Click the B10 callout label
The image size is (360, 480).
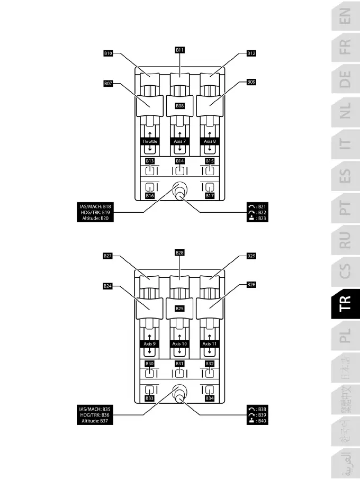tap(108, 53)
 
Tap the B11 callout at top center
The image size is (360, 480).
tap(180, 49)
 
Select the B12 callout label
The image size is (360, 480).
tap(251, 53)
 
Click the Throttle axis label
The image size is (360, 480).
tap(150, 141)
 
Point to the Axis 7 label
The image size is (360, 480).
tap(180, 141)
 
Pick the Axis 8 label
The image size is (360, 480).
tap(210, 141)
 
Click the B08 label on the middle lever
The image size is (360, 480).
tap(180, 106)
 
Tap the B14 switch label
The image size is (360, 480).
tap(180, 160)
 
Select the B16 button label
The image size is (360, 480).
tap(150, 195)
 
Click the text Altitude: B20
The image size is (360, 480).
tap(95, 219)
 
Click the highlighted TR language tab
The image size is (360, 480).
tap(345, 303)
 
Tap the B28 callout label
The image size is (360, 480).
tap(180, 252)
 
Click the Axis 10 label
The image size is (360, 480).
tap(180, 344)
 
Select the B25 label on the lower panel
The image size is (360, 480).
tap(180, 308)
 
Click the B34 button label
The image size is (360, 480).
tap(210, 398)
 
